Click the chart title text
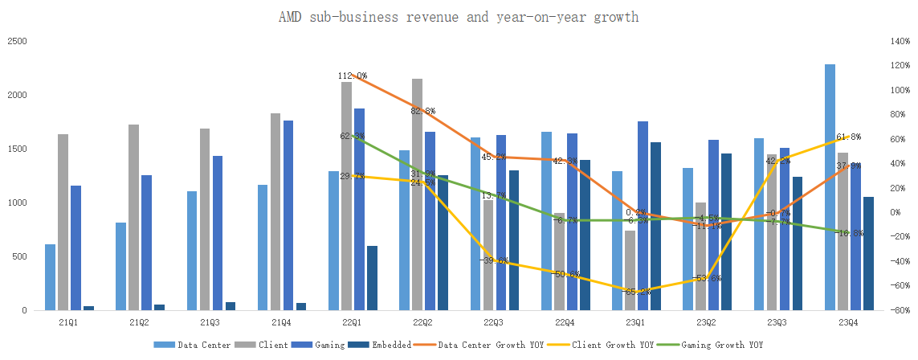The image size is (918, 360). pos(458,17)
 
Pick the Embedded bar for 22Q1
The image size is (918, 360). pos(372,278)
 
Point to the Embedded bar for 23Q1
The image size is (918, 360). pos(655,226)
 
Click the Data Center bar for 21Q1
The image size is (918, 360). pos(50,277)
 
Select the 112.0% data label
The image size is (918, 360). pos(352,76)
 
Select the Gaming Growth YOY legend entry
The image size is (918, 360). pos(717,345)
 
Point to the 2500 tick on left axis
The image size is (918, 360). pos(17,41)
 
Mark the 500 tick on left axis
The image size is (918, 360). pos(20,256)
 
